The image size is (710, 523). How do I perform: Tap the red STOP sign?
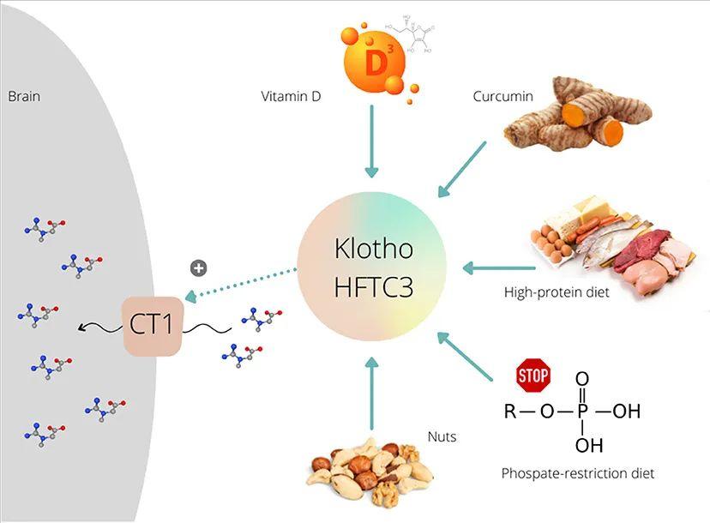click(x=532, y=375)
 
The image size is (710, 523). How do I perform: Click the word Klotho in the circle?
click(x=374, y=249)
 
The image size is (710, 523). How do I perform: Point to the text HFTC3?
click(x=374, y=286)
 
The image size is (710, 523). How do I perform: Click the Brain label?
click(x=24, y=96)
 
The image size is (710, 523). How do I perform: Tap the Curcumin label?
click(x=502, y=96)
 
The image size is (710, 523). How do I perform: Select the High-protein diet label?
click(x=557, y=292)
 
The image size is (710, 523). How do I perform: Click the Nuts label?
click(x=442, y=436)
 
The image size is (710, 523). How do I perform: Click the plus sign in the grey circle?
click(x=198, y=268)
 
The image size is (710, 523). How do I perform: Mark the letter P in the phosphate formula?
click(x=582, y=412)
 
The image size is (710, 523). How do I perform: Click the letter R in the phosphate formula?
click(x=510, y=412)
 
